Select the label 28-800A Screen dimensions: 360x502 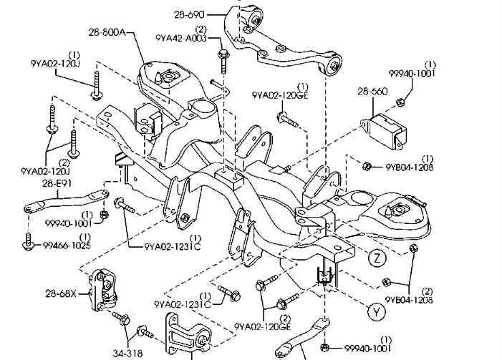coord(107,32)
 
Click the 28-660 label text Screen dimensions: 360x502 coord(372,92)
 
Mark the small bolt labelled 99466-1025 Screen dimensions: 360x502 coord(29,242)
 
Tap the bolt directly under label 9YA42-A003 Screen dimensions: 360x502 coord(223,55)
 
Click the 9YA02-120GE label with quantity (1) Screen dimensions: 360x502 coord(280,94)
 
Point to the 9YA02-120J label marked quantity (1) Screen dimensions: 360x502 coord(54,64)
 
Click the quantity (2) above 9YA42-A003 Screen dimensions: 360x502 coord(201,29)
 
